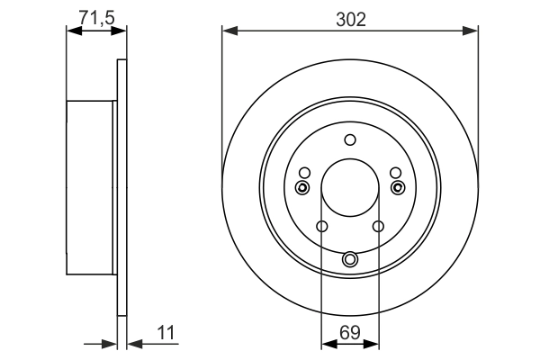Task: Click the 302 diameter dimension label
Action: point(350,18)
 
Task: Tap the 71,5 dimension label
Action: point(96,16)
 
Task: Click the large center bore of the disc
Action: point(350,186)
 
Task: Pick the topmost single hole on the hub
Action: point(350,139)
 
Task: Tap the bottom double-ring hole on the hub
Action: point(350,260)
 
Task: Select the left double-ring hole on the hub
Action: point(301,187)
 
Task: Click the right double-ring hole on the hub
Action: point(399,187)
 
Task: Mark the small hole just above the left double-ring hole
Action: point(304,173)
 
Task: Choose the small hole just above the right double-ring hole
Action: point(396,173)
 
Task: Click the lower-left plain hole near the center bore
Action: point(322,226)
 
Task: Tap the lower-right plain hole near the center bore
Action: point(378,226)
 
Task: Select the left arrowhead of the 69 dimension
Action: point(327,343)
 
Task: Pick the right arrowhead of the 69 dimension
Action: point(373,343)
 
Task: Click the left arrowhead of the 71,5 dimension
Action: point(73,31)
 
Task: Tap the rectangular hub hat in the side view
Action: point(91,188)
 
